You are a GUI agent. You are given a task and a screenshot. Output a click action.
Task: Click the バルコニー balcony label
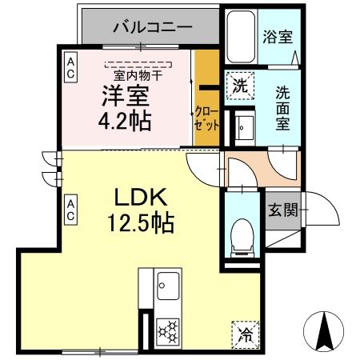click(x=152, y=27)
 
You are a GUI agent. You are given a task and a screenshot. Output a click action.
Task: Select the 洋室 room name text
click(x=125, y=96)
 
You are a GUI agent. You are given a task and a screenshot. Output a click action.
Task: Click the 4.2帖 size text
click(x=126, y=122)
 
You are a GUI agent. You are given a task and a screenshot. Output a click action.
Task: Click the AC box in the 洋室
click(x=71, y=66)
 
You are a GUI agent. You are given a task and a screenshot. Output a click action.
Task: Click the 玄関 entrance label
click(x=282, y=210)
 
